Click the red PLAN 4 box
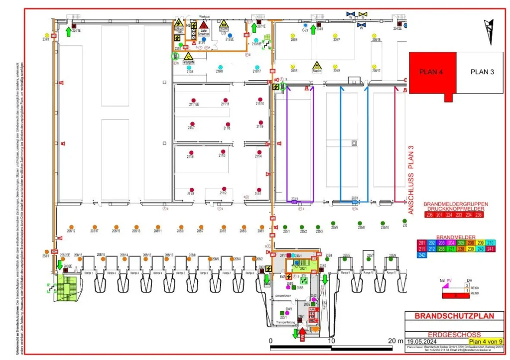[431, 72]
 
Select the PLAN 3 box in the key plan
[482, 72]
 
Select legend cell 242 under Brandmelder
[422, 255]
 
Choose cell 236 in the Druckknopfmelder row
[478, 215]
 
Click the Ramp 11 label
[391, 273]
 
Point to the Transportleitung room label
[285, 323]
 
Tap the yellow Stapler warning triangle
[317, 65]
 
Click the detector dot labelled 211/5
[223, 151]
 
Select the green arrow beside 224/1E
[68, 32]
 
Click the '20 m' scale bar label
[395, 341]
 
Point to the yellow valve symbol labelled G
[364, 14]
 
